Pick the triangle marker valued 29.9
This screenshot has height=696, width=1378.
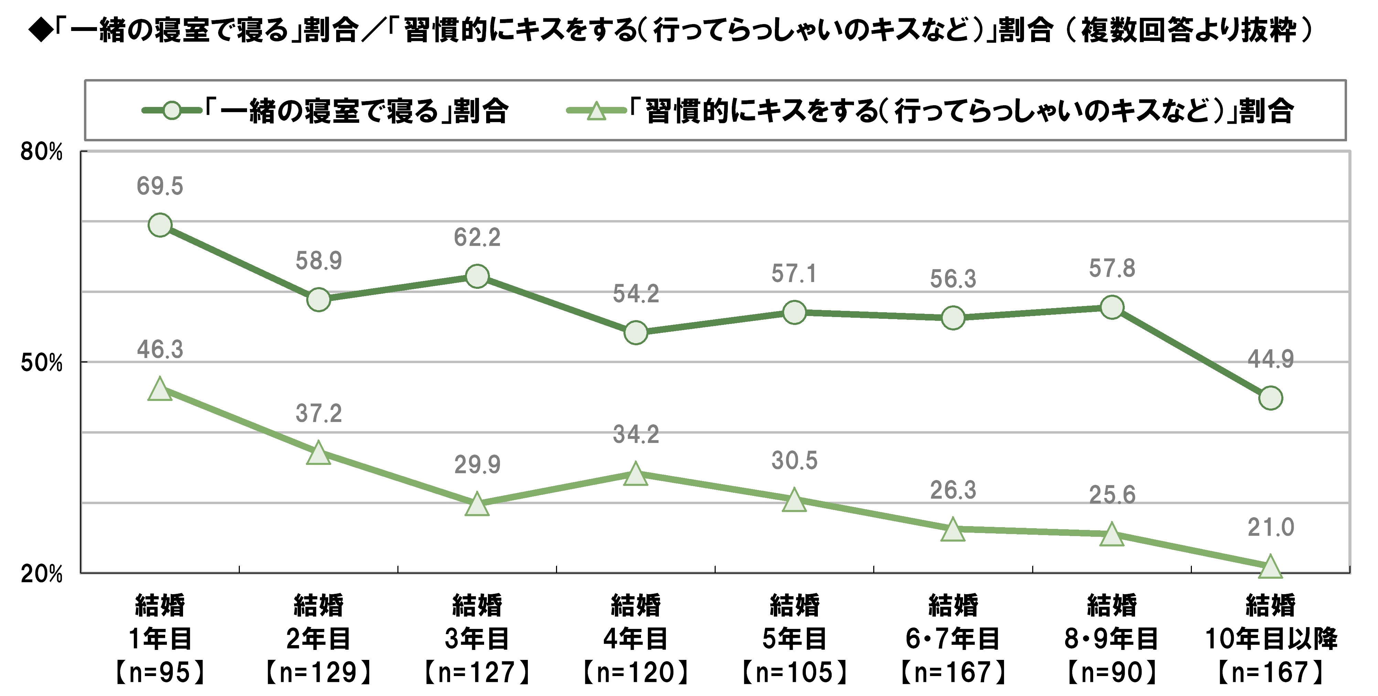click(477, 504)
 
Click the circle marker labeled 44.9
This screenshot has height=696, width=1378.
click(1270, 398)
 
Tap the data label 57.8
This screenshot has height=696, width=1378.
click(1112, 268)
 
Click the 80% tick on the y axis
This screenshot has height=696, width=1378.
click(42, 152)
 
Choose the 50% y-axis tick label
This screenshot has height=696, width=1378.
click(42, 363)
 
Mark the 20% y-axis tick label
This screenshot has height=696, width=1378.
click(42, 574)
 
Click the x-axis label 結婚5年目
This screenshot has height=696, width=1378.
click(794, 638)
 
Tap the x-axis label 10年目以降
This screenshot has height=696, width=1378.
click(1270, 638)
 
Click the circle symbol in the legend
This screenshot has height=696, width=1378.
click(172, 111)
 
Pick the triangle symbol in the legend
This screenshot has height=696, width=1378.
click(596, 111)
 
